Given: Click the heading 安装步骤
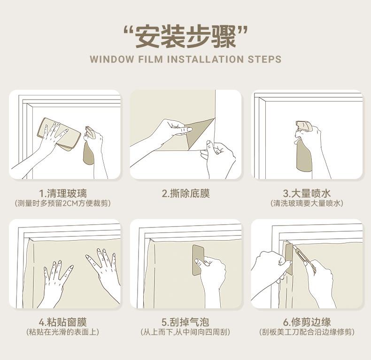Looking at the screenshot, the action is pyautogui.click(x=185, y=36).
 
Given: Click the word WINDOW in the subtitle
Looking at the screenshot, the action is pyautogui.click(x=112, y=59).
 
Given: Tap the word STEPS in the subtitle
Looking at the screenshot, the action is pyautogui.click(x=264, y=59).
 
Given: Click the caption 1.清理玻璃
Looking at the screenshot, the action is pyautogui.click(x=63, y=193).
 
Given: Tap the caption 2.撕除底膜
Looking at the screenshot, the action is pyautogui.click(x=186, y=193).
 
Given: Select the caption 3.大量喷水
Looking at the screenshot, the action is pyautogui.click(x=307, y=193).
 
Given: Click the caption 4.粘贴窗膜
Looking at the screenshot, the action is pyautogui.click(x=63, y=322).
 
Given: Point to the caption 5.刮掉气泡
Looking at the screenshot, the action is pyautogui.click(x=185, y=322).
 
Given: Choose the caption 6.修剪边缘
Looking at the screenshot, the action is pyautogui.click(x=307, y=322).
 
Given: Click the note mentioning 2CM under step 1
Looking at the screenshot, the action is pyautogui.click(x=63, y=203).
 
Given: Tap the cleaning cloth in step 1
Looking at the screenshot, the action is pyautogui.click(x=59, y=134).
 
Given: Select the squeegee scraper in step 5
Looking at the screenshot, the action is pyautogui.click(x=198, y=260).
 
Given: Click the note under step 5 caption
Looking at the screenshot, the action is pyautogui.click(x=185, y=332).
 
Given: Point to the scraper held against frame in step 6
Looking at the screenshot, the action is pyautogui.click(x=289, y=259).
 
